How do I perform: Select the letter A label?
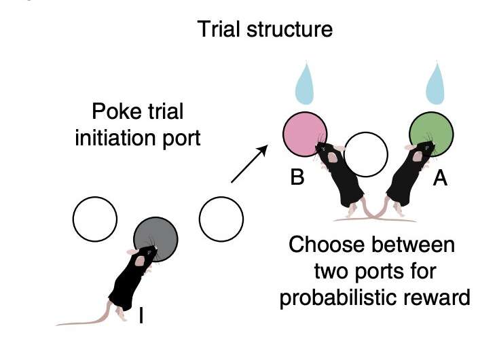point(441,180)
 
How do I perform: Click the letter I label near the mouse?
point(141,315)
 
